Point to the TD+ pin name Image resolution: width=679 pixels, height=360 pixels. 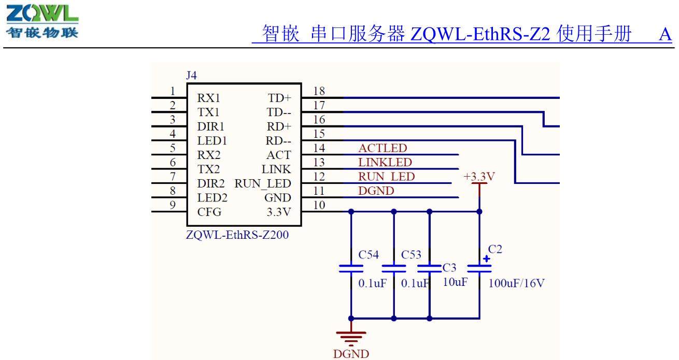[280, 98]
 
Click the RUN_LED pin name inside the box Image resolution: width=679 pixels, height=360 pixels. [263, 184]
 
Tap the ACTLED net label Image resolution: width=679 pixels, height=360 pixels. [383, 149]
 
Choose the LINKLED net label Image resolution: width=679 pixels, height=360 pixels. [385, 163]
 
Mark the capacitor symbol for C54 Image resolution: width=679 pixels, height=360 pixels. [351, 268]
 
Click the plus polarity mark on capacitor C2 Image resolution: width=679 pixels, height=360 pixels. [486, 258]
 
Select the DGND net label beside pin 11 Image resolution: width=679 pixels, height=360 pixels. [376, 191]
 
